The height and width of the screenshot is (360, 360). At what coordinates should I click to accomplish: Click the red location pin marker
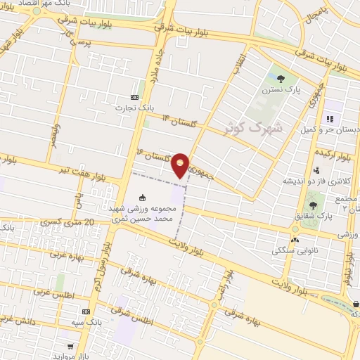coord(181,165)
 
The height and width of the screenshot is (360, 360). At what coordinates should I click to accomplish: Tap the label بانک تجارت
coord(135,108)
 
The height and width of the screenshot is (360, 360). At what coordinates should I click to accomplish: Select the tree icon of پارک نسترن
coord(281,79)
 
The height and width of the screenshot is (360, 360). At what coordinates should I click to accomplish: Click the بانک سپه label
coord(86,321)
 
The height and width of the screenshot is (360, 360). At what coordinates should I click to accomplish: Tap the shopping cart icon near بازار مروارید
coord(70,346)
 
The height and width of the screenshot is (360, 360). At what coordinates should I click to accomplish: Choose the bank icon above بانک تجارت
coord(135,97)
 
